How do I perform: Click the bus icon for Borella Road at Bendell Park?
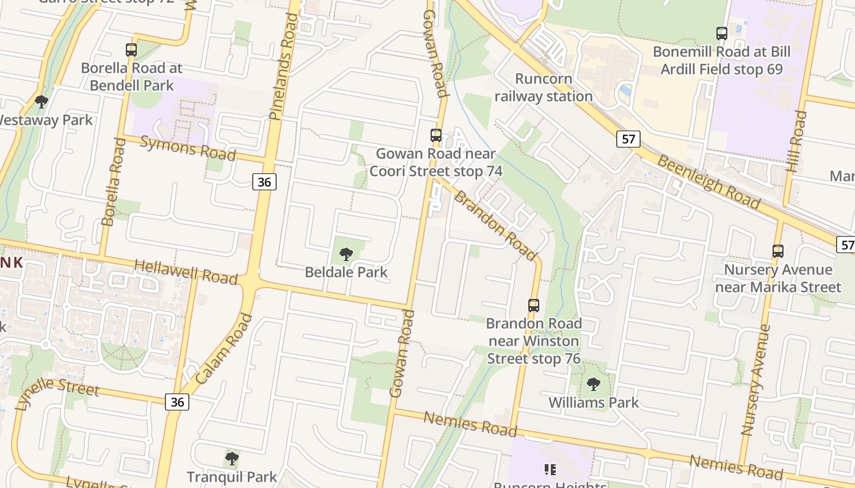click(x=131, y=50)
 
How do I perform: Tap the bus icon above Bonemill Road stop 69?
click(x=722, y=34)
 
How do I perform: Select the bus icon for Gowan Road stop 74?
click(x=435, y=135)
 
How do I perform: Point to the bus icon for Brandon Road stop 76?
click(x=534, y=305)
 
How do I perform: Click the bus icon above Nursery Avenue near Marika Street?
click(x=778, y=251)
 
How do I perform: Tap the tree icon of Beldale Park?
click(x=346, y=254)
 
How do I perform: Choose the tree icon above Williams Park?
click(x=593, y=384)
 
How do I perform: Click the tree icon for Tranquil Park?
click(x=231, y=458)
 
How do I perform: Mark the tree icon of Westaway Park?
click(x=42, y=101)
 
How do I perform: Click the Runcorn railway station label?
click(x=544, y=87)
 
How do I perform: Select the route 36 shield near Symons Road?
click(x=264, y=181)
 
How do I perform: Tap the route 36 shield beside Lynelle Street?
click(x=177, y=402)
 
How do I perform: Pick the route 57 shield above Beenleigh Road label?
click(x=628, y=139)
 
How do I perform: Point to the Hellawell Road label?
click(x=185, y=272)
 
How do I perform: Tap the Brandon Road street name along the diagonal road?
click(x=495, y=226)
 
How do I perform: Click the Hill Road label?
click(x=798, y=141)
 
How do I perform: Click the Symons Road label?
click(x=188, y=148)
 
